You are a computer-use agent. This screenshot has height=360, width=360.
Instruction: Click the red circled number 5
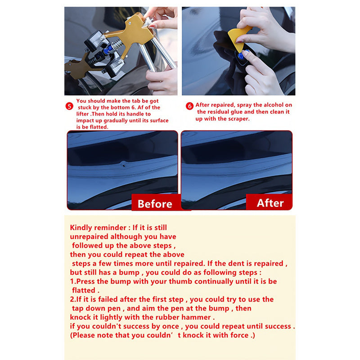69,106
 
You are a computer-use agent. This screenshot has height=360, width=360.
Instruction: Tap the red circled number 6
189,106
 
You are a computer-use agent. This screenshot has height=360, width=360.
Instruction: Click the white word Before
155,204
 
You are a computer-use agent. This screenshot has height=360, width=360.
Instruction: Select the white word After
270,203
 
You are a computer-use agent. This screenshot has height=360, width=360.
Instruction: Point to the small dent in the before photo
123,165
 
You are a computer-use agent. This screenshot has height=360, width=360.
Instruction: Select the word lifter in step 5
82,114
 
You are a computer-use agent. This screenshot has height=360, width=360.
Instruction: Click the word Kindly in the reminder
81,228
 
